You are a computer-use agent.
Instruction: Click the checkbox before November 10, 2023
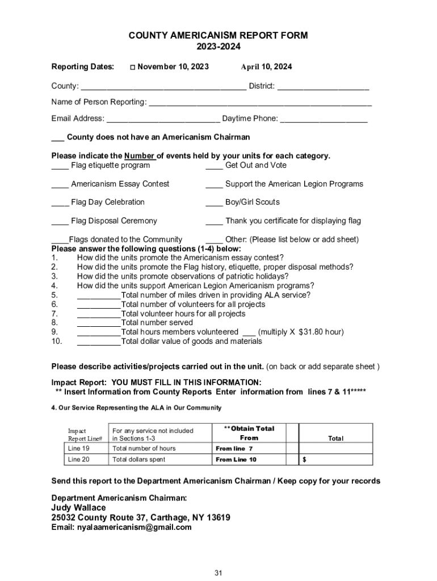[132, 68]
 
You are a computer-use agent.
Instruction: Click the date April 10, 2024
[266, 67]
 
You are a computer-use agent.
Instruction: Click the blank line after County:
[163, 86]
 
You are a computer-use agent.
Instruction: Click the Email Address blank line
[163, 119]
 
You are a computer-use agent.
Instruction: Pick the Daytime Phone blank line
[323, 119]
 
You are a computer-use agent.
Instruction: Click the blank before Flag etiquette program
[60, 166]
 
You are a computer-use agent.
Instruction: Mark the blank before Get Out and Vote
[214, 166]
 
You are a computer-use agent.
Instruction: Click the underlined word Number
[140, 156]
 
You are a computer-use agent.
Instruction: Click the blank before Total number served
[98, 323]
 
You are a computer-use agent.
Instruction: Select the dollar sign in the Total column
[305, 460]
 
